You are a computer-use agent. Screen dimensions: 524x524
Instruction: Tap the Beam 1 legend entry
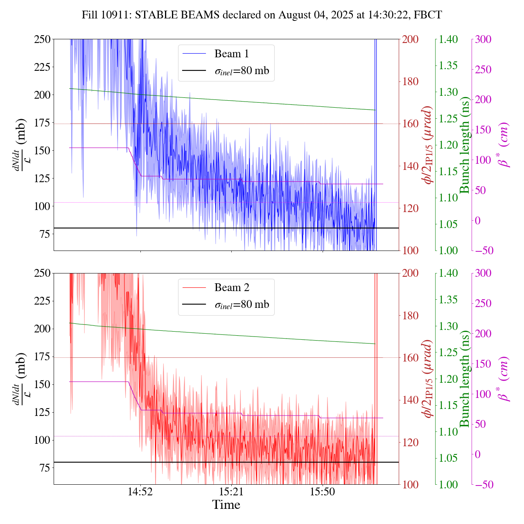231,54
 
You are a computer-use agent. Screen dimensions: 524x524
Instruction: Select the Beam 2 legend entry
231,287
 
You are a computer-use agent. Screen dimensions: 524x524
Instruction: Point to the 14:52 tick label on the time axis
140,491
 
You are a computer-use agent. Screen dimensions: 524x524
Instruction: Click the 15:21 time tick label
232,491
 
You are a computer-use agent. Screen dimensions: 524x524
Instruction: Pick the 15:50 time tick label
323,491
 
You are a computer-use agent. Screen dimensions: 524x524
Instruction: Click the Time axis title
226,505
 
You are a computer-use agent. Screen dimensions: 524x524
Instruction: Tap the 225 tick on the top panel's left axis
42,67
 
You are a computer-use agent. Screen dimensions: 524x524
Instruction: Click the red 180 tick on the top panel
410,81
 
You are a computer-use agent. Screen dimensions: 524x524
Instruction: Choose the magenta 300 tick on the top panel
483,39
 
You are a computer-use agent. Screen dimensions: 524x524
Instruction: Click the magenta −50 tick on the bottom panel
483,484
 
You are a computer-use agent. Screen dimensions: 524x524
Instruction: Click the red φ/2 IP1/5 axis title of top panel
428,145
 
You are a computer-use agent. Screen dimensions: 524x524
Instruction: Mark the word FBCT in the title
428,15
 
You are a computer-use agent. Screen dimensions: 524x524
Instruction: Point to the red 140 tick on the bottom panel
410,400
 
